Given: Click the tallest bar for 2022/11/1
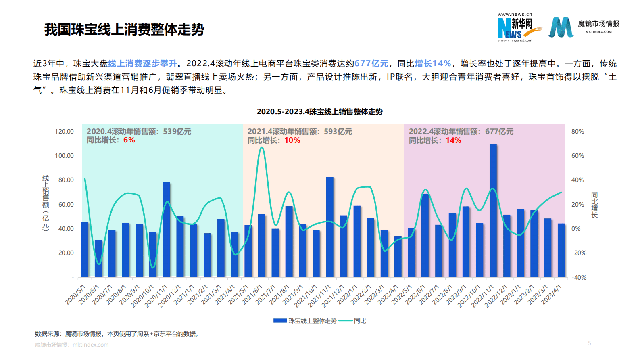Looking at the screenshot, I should [493, 210].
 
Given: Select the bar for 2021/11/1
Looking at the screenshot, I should [329, 227].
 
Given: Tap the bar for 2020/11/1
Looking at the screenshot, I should [166, 230].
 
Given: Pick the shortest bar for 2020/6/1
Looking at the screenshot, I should [98, 258].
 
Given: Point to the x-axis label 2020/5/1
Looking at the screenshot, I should [75, 294].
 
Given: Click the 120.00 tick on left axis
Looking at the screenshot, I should [64, 132].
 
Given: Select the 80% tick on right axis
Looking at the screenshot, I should [577, 132].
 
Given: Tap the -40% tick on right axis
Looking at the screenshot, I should [579, 278].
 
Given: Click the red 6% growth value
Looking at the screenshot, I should [129, 140].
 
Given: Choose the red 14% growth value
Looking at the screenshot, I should [453, 140].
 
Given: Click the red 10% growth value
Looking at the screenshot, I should [292, 140].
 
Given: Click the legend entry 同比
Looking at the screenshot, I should [360, 321].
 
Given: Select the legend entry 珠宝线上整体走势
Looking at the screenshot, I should [312, 321].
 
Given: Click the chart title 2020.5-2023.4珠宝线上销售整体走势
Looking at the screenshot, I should [319, 112].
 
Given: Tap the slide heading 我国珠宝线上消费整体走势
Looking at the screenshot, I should [124, 29].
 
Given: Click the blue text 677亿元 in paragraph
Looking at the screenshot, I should [371, 63].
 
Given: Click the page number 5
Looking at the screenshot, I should [589, 343].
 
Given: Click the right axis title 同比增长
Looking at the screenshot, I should [594, 205].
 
